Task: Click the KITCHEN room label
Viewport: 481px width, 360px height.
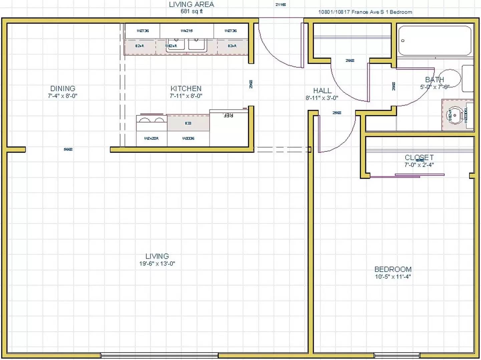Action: pyautogui.click(x=186, y=89)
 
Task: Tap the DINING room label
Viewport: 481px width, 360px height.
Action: pyautogui.click(x=63, y=89)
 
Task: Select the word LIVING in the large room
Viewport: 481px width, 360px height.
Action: pyautogui.click(x=157, y=256)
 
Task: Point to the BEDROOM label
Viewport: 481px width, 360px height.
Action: pyautogui.click(x=393, y=269)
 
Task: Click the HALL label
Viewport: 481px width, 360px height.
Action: pyautogui.click(x=322, y=91)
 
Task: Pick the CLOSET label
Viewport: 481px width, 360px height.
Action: pyautogui.click(x=419, y=157)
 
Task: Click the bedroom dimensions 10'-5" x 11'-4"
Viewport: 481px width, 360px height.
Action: pyautogui.click(x=393, y=277)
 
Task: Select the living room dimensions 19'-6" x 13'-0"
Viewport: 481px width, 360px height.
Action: pyautogui.click(x=157, y=264)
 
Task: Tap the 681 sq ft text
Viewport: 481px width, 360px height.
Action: pyautogui.click(x=191, y=11)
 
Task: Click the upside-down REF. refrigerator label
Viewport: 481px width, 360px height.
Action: pyautogui.click(x=228, y=115)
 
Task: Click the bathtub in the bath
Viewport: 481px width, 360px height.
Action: pyautogui.click(x=435, y=41)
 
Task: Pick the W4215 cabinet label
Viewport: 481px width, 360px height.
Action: pyautogui.click(x=187, y=31)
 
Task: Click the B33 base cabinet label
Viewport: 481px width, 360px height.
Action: pyautogui.click(x=188, y=123)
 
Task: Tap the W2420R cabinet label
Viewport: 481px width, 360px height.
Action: pyautogui.click(x=151, y=138)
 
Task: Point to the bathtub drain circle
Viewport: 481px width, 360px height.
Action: pyautogui.click(x=403, y=41)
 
